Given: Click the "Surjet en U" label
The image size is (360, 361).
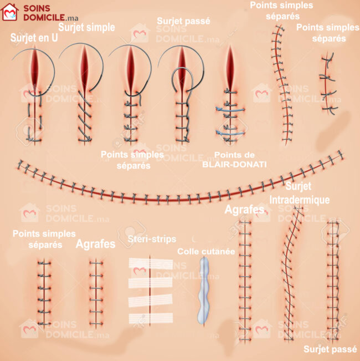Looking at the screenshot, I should point(33,38).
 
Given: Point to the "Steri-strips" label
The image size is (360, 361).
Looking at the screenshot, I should point(151,239).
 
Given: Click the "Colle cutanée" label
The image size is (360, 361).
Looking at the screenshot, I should point(206,251).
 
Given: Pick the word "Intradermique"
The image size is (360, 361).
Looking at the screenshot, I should point(299,199).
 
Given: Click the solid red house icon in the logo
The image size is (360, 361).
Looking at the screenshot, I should point(10,12).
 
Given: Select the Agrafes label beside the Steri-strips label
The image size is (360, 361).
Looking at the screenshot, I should point(95,244).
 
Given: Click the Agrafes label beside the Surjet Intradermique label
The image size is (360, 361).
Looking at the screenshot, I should point(244,210).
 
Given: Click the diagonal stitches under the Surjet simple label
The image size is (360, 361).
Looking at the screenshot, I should point(83,119).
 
